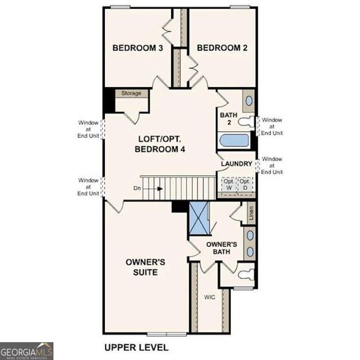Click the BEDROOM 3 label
pos(138,48)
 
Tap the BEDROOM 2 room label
pos(221,48)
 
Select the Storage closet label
pos(131,94)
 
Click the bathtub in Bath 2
pos(235,140)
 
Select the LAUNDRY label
pos(235,163)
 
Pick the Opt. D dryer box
pos(244,184)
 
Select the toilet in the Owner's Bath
pos(244,275)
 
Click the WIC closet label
pos(210,297)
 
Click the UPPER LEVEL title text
pos(136,347)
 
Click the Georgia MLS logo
pos(26,350)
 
